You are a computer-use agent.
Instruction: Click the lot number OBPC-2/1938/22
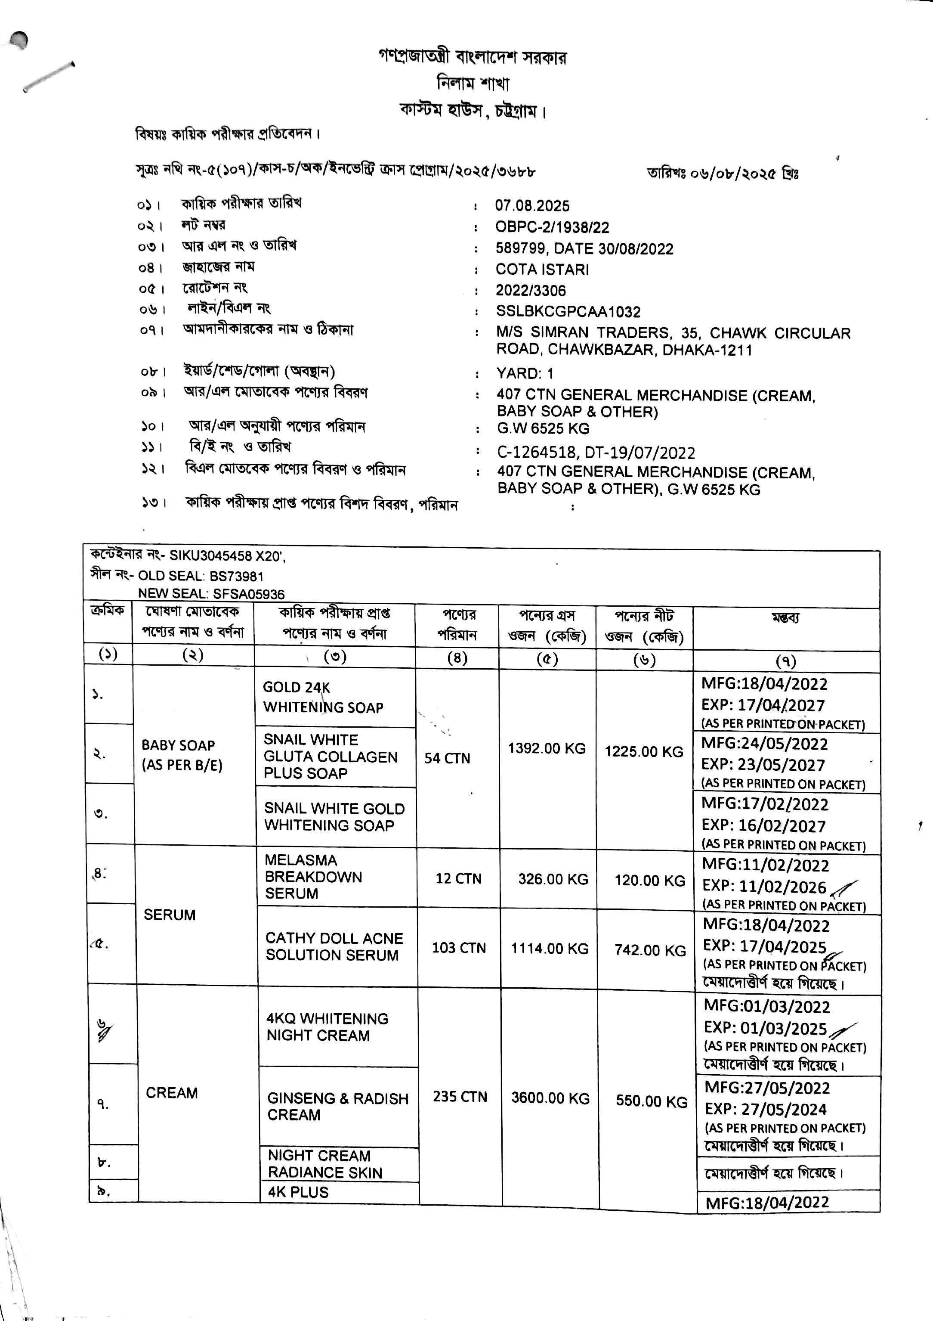tap(552, 227)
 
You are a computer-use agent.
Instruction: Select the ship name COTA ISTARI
tap(542, 269)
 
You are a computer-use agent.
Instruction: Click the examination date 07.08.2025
tap(532, 206)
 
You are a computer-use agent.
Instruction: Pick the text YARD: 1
tap(525, 373)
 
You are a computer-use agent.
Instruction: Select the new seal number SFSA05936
tap(248, 594)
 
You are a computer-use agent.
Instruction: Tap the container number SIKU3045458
tap(210, 556)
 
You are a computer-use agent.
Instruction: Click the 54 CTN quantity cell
tap(447, 758)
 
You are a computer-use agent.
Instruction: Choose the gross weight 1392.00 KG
tap(547, 748)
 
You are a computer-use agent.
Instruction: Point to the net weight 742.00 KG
tap(650, 950)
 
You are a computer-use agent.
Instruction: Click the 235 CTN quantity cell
tap(460, 1097)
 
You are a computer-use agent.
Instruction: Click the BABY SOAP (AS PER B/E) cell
tap(182, 755)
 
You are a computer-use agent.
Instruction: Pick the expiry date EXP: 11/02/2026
tap(764, 887)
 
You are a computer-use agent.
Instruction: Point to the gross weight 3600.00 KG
tap(550, 1098)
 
